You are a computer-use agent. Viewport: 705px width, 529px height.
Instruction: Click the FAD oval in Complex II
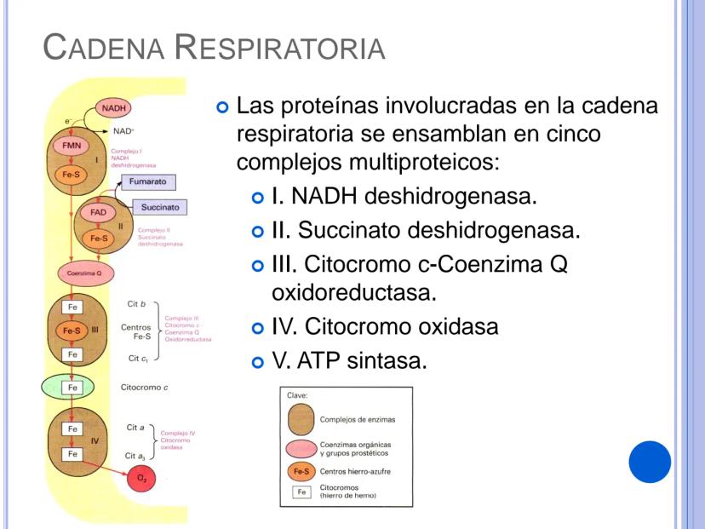tap(97, 212)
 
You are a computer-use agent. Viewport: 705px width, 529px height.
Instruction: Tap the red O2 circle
tap(142, 479)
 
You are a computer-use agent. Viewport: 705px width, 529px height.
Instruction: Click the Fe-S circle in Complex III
tap(73, 330)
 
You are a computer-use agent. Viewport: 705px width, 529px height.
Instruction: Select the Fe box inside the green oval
tap(73, 387)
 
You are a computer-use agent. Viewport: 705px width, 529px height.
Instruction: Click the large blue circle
tap(650, 462)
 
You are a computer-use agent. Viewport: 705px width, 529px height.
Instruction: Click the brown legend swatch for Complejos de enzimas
tap(300, 419)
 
